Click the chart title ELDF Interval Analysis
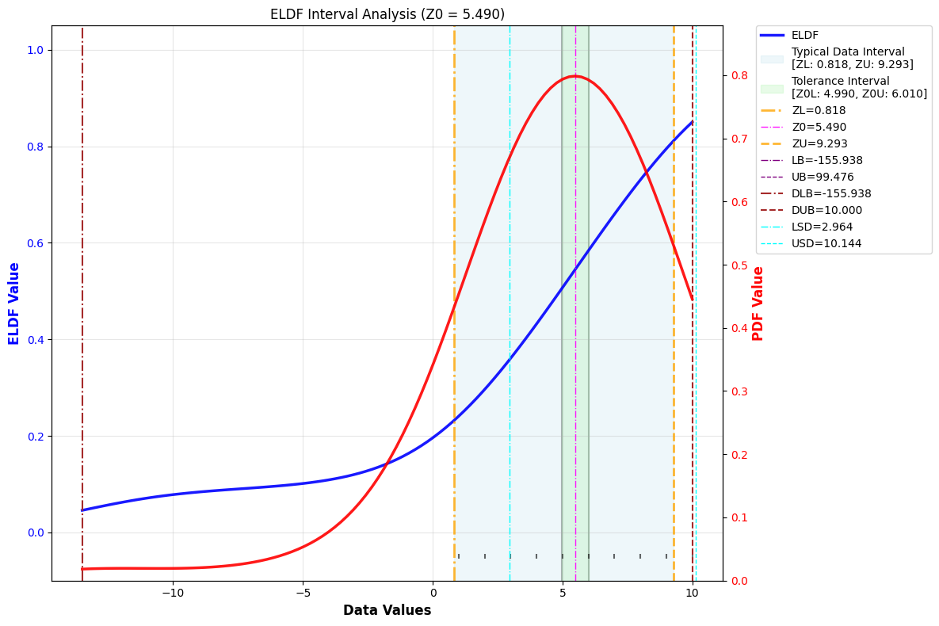point(387,14)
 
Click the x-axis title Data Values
point(387,611)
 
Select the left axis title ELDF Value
point(14,303)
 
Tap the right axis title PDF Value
point(758,303)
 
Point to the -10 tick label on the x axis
point(172,594)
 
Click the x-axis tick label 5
point(563,594)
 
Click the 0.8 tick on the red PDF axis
point(740,75)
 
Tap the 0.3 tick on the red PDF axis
point(740,391)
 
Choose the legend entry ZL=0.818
point(819,111)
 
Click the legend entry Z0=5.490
point(819,128)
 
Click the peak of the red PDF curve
point(575,76)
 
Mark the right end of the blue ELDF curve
point(692,122)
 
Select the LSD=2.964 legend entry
point(822,227)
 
